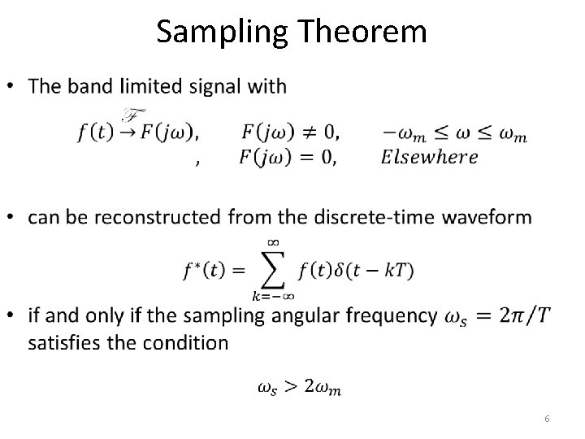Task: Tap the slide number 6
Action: pyautogui.click(x=548, y=418)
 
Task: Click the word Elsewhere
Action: pyautogui.click(x=429, y=157)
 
